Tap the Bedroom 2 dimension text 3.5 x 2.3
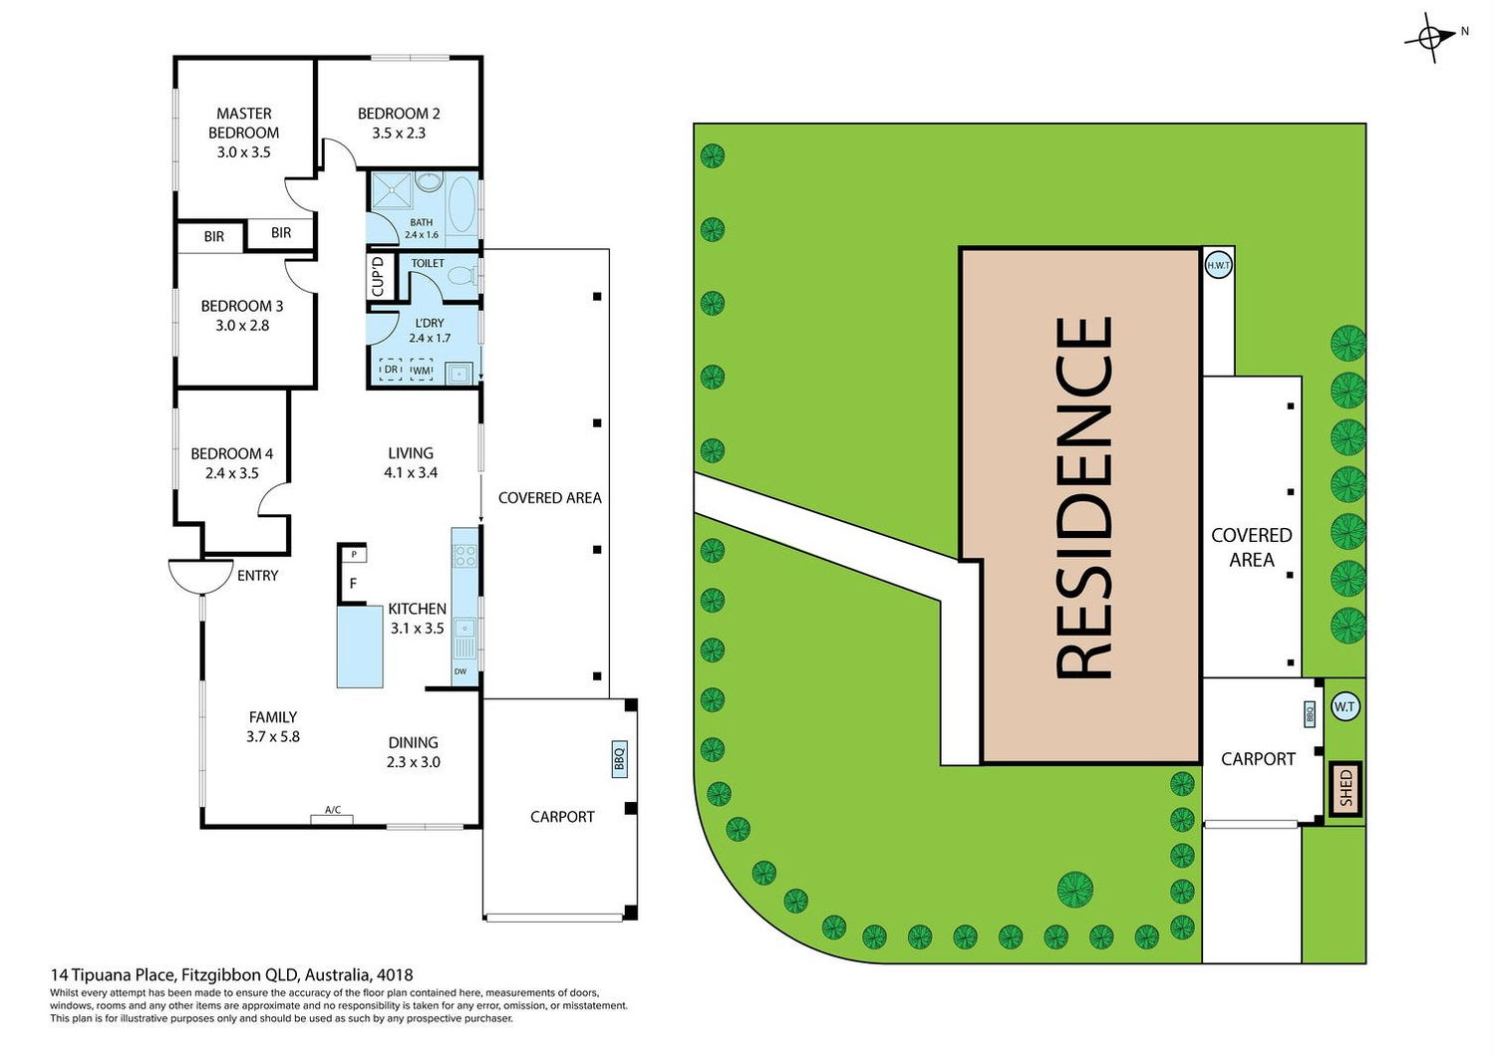[x=399, y=132]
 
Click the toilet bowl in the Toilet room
[x=461, y=275]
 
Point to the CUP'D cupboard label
[x=378, y=276]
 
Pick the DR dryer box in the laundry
[x=391, y=369]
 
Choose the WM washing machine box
[x=422, y=370]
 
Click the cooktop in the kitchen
[x=464, y=556]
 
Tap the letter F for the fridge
[x=353, y=583]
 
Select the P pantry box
[x=354, y=554]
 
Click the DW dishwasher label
[x=460, y=671]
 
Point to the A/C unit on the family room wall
[x=332, y=818]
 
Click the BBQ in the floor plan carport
[x=619, y=759]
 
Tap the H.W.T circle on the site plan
[x=1219, y=265]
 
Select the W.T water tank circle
[x=1345, y=706]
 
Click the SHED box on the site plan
[x=1346, y=789]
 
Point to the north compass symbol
[x=1429, y=38]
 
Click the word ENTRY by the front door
[x=257, y=575]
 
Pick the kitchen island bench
[x=360, y=647]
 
